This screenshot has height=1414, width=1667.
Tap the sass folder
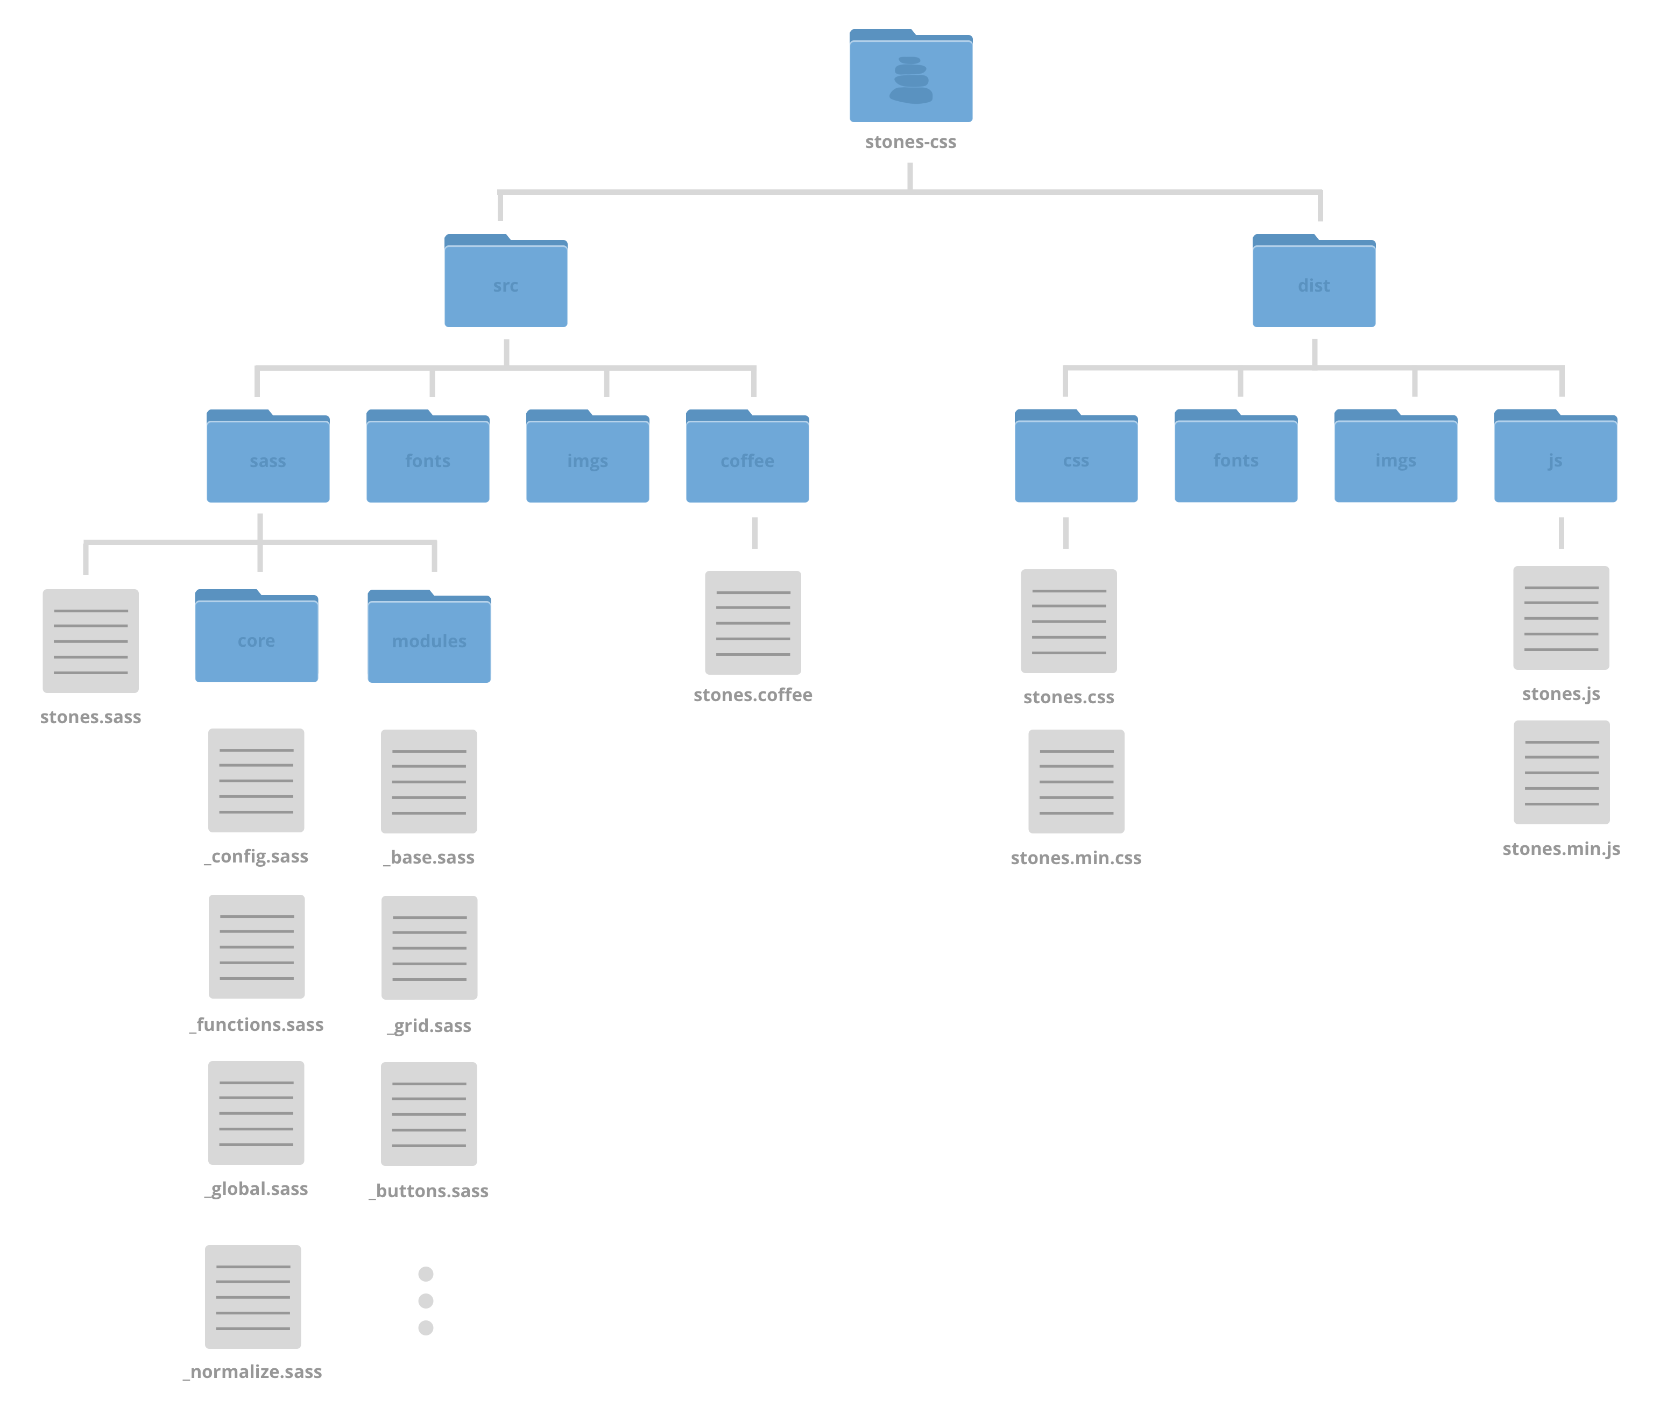coord(267,457)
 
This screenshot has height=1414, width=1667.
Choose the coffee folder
coord(747,457)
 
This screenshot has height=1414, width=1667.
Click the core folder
coord(257,637)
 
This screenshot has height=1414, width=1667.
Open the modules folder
coord(429,637)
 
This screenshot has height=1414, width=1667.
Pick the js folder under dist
coord(1555,457)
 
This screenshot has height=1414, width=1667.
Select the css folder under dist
coord(1076,457)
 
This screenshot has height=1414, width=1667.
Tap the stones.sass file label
coord(90,717)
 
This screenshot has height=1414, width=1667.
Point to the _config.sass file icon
coord(257,780)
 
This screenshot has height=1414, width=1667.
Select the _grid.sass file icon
coord(429,948)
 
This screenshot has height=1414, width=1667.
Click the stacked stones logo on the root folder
coord(910,80)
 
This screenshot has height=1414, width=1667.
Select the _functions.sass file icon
coord(257,946)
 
